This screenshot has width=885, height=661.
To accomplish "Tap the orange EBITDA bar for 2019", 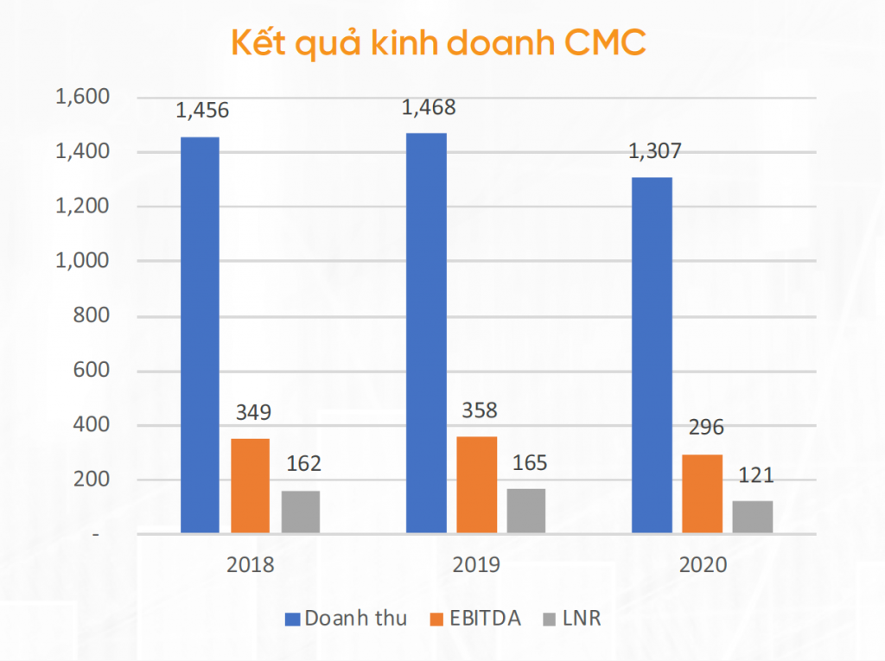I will coord(477,485).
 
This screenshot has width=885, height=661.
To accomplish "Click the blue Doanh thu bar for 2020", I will coord(652,355).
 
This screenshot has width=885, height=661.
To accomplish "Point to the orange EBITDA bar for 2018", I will coord(250,486).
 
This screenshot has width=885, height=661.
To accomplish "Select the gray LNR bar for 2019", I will coord(526,511).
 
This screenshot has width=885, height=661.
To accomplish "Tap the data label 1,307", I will coord(654,151).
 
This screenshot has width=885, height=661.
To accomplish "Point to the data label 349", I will coord(252,413).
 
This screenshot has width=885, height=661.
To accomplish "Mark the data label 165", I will coord(529,463).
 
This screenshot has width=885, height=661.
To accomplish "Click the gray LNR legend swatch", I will coord(550,619).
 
